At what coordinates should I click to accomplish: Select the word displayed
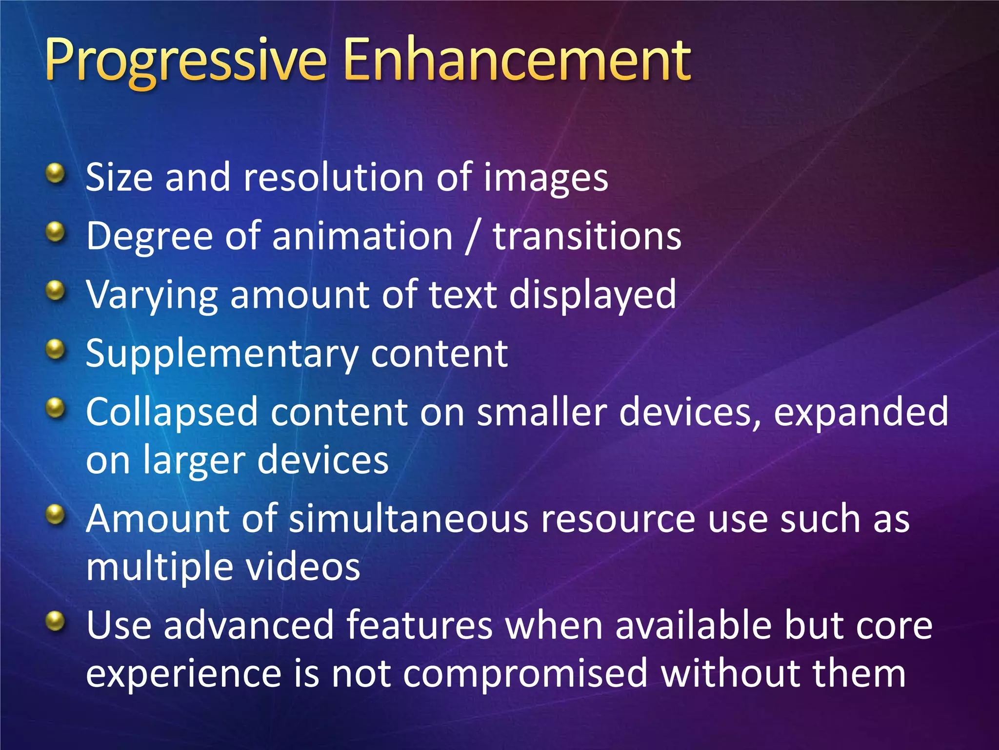(x=592, y=296)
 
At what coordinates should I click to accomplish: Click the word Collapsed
(x=171, y=413)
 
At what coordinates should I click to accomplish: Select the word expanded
(x=861, y=413)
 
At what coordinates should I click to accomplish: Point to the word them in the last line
(x=859, y=673)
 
